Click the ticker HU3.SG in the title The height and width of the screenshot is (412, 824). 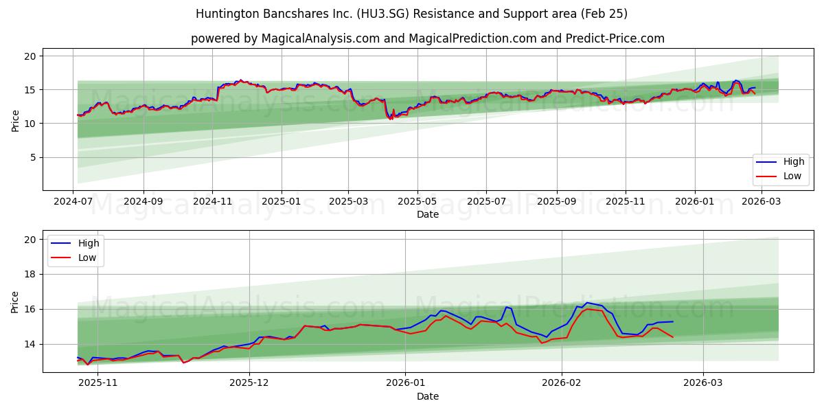pos(368,14)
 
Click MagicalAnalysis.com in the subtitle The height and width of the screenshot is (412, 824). pos(321,38)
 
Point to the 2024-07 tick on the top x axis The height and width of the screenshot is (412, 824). pos(73,202)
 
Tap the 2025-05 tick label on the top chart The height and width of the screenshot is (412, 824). pos(417,202)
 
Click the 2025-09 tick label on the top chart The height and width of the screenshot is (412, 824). pos(556,202)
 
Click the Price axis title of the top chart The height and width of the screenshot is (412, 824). pos(15,119)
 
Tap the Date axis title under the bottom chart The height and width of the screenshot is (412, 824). pos(427,396)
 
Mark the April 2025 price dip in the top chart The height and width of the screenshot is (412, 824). pos(390,117)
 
